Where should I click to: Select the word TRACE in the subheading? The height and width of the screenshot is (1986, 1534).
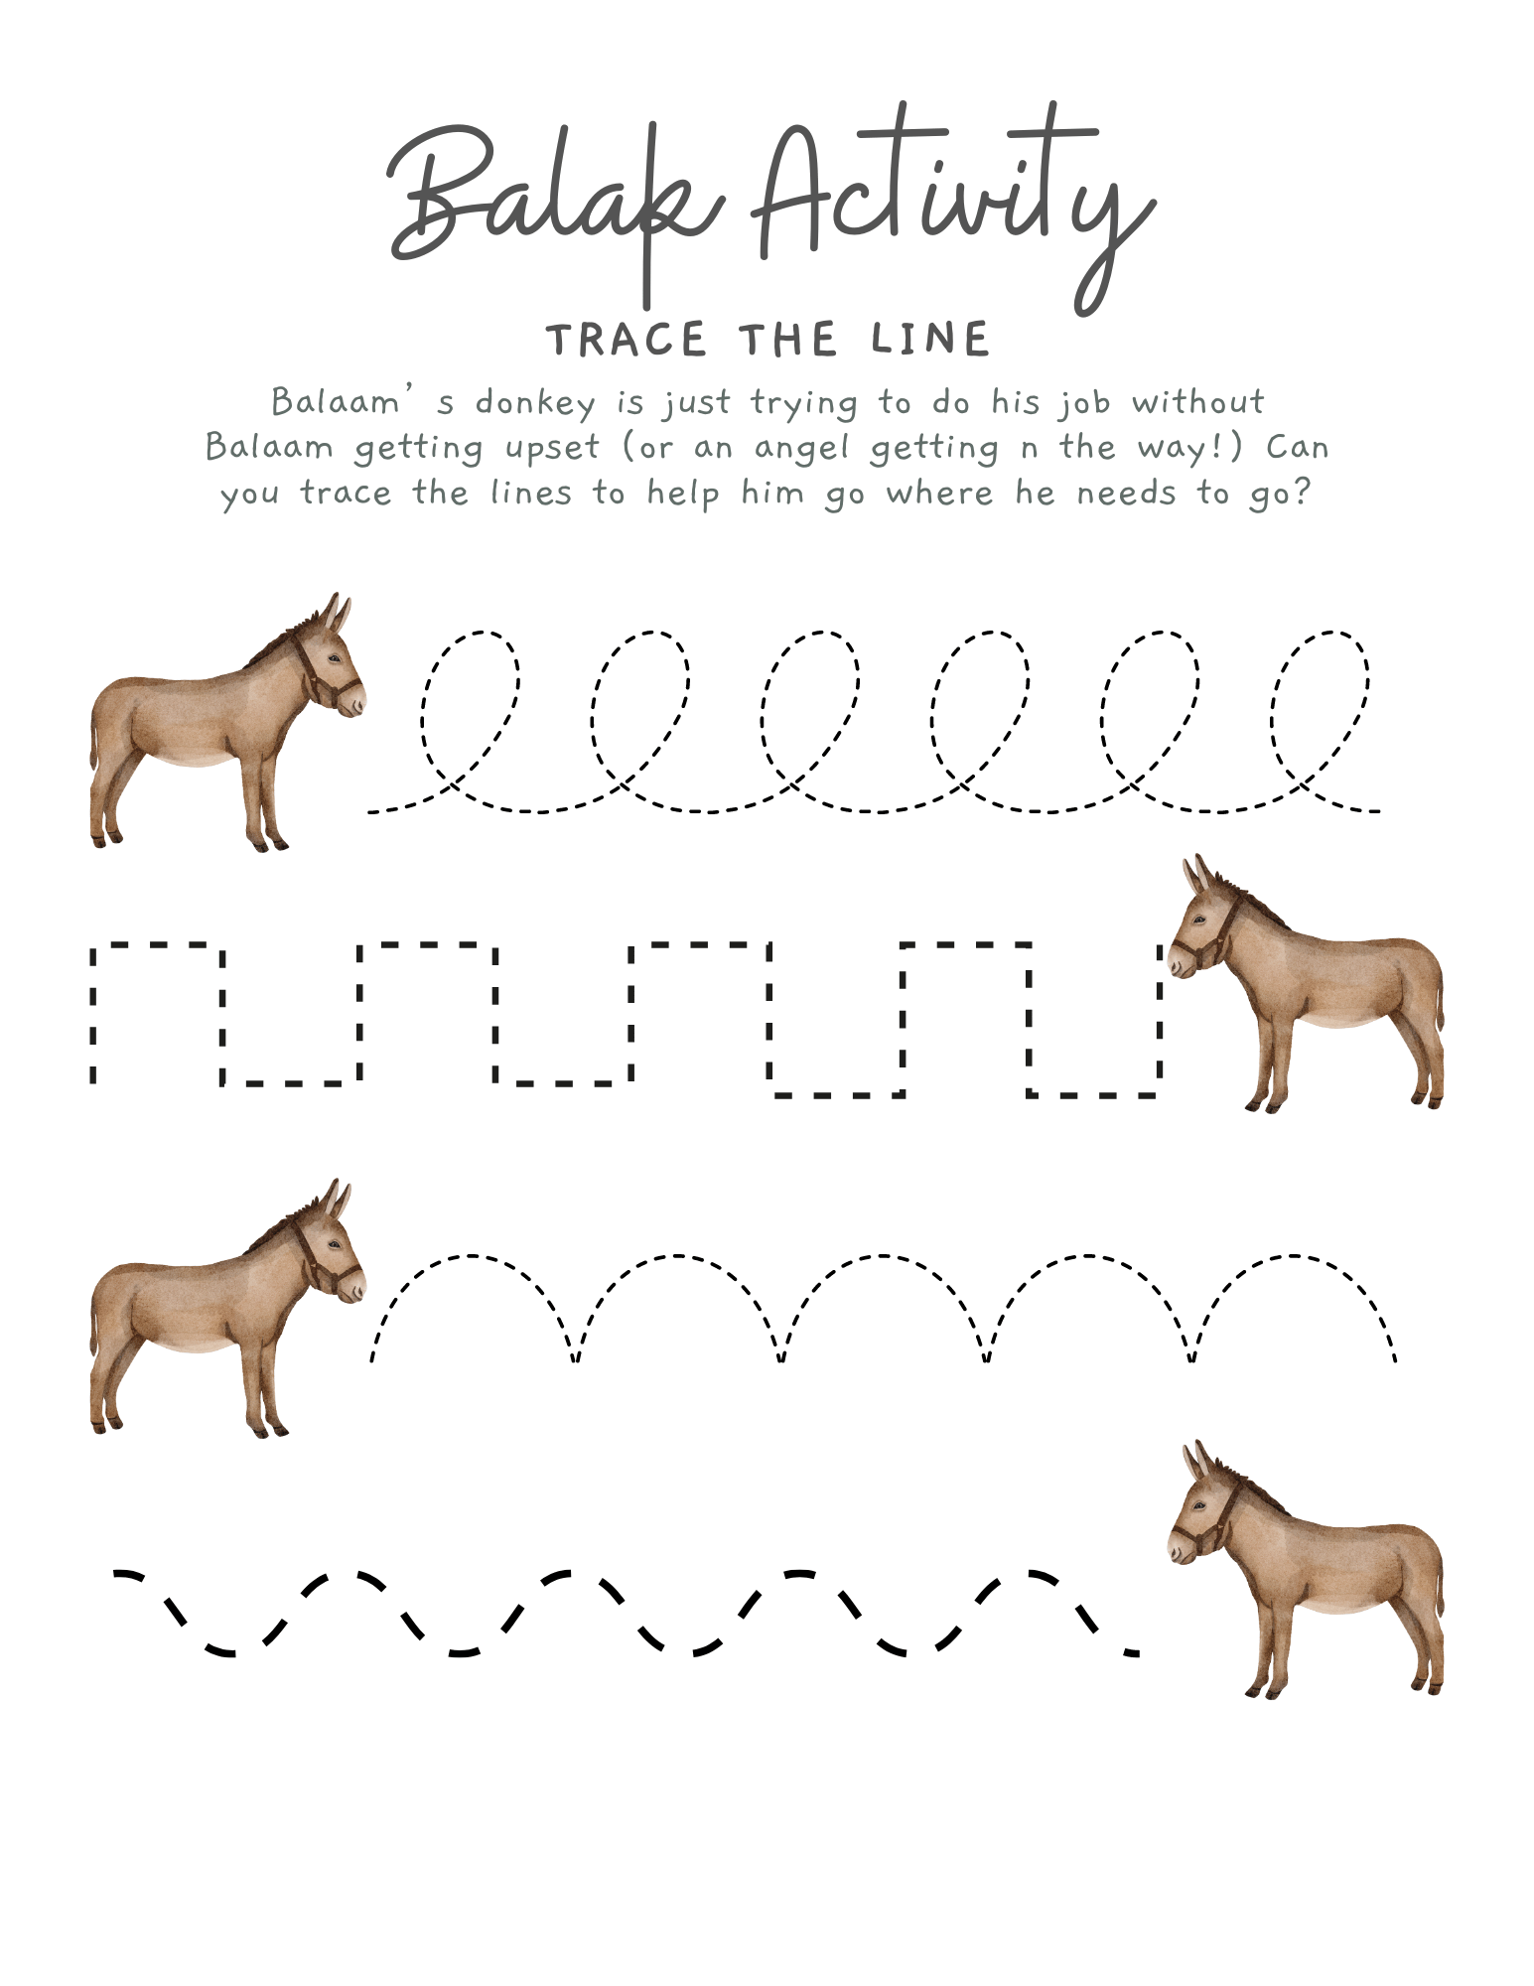tap(626, 341)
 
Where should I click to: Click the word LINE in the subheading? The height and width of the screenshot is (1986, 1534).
tap(930, 340)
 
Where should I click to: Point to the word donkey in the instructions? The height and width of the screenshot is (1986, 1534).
tap(535, 403)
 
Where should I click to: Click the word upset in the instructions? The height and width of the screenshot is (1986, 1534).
tap(552, 449)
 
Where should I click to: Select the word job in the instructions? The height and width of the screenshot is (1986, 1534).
tap(1083, 403)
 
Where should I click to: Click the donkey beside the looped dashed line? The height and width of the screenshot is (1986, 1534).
tap(227, 722)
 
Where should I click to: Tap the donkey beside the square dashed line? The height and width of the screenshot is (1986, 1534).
tap(1306, 983)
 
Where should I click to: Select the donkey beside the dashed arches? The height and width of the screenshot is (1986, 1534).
tap(227, 1308)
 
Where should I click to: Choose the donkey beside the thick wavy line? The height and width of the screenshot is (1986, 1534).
tap(1306, 1569)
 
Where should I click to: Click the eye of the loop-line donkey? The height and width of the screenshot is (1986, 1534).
tap(333, 659)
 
